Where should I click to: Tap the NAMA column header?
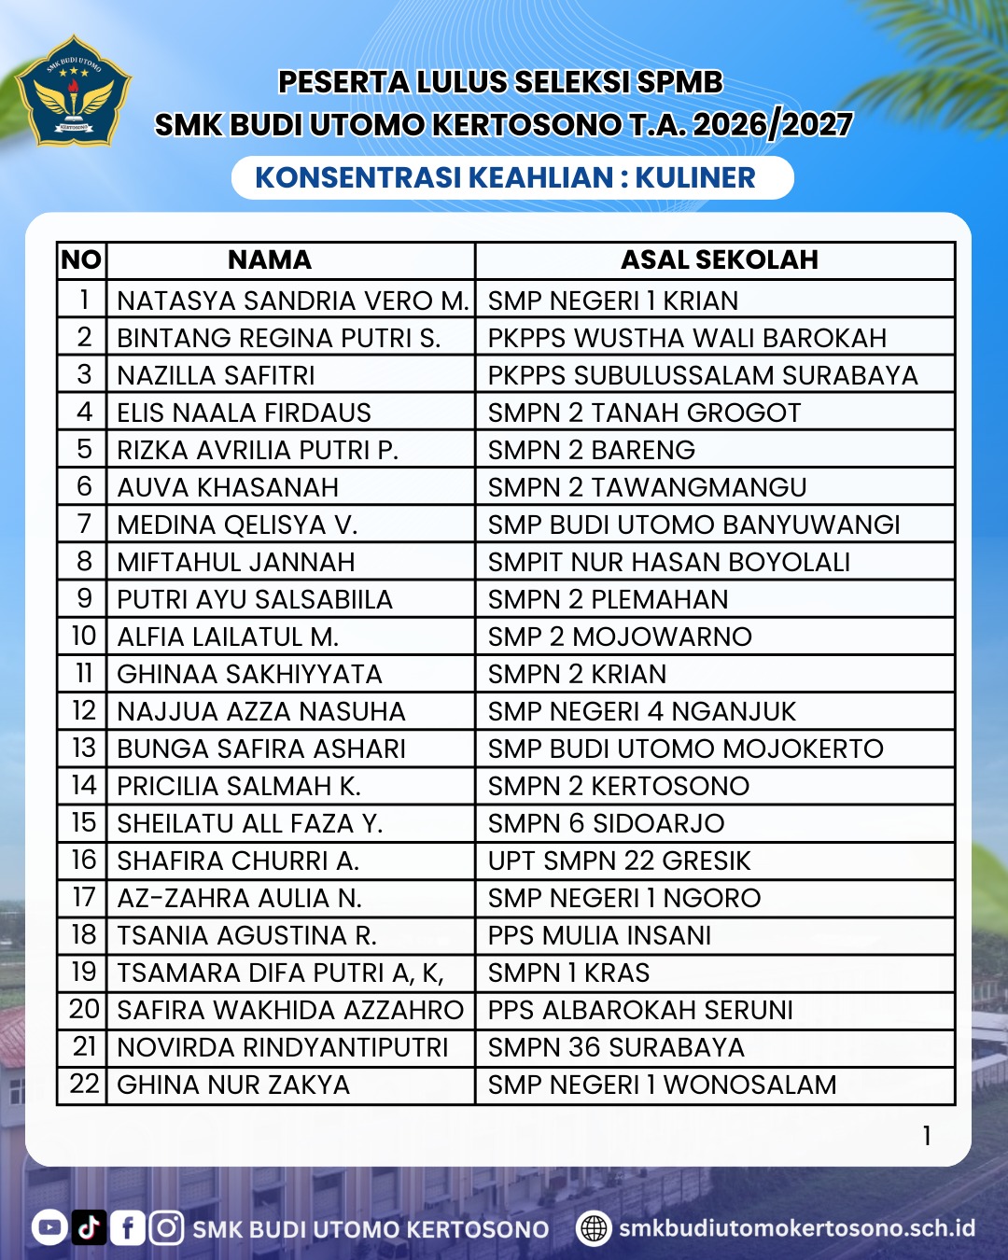tap(270, 259)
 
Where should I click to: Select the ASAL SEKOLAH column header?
tap(719, 259)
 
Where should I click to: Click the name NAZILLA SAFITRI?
tap(216, 375)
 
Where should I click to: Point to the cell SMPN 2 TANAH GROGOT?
tap(644, 413)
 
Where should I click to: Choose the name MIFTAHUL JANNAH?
tap(236, 562)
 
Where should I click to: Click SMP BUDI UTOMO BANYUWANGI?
tap(693, 525)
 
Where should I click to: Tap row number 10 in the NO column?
tap(83, 637)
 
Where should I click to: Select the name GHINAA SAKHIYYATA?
tap(249, 674)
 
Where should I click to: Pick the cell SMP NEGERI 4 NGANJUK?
tap(642, 711)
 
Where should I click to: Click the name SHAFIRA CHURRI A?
tap(238, 861)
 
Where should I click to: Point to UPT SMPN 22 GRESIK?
tap(619, 861)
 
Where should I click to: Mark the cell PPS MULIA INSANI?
tap(599, 935)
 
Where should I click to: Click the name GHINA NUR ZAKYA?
tap(233, 1085)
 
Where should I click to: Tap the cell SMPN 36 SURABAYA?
tap(616, 1047)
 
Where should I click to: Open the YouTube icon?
tap(49, 1227)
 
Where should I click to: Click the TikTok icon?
tap(89, 1227)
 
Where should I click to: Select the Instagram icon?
tap(166, 1227)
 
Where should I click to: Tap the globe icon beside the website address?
tap(594, 1228)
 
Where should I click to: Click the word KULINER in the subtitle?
tap(695, 177)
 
